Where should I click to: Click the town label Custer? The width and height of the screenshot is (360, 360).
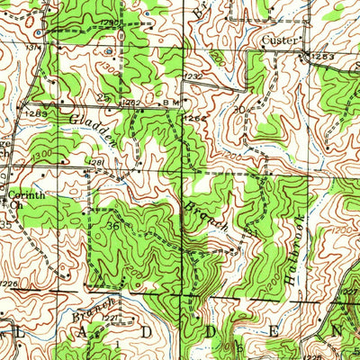(279, 40)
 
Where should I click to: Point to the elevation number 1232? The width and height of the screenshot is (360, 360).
(193, 77)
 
